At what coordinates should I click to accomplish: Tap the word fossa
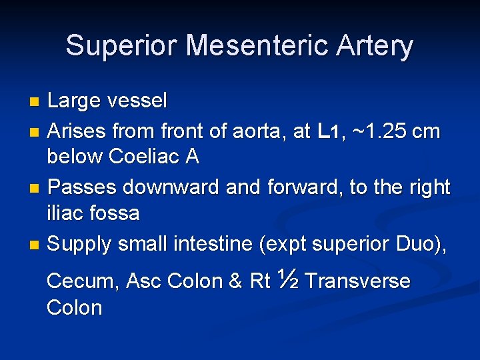point(113,213)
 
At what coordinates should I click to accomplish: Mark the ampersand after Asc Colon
point(235,281)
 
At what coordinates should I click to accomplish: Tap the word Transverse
point(357,281)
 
